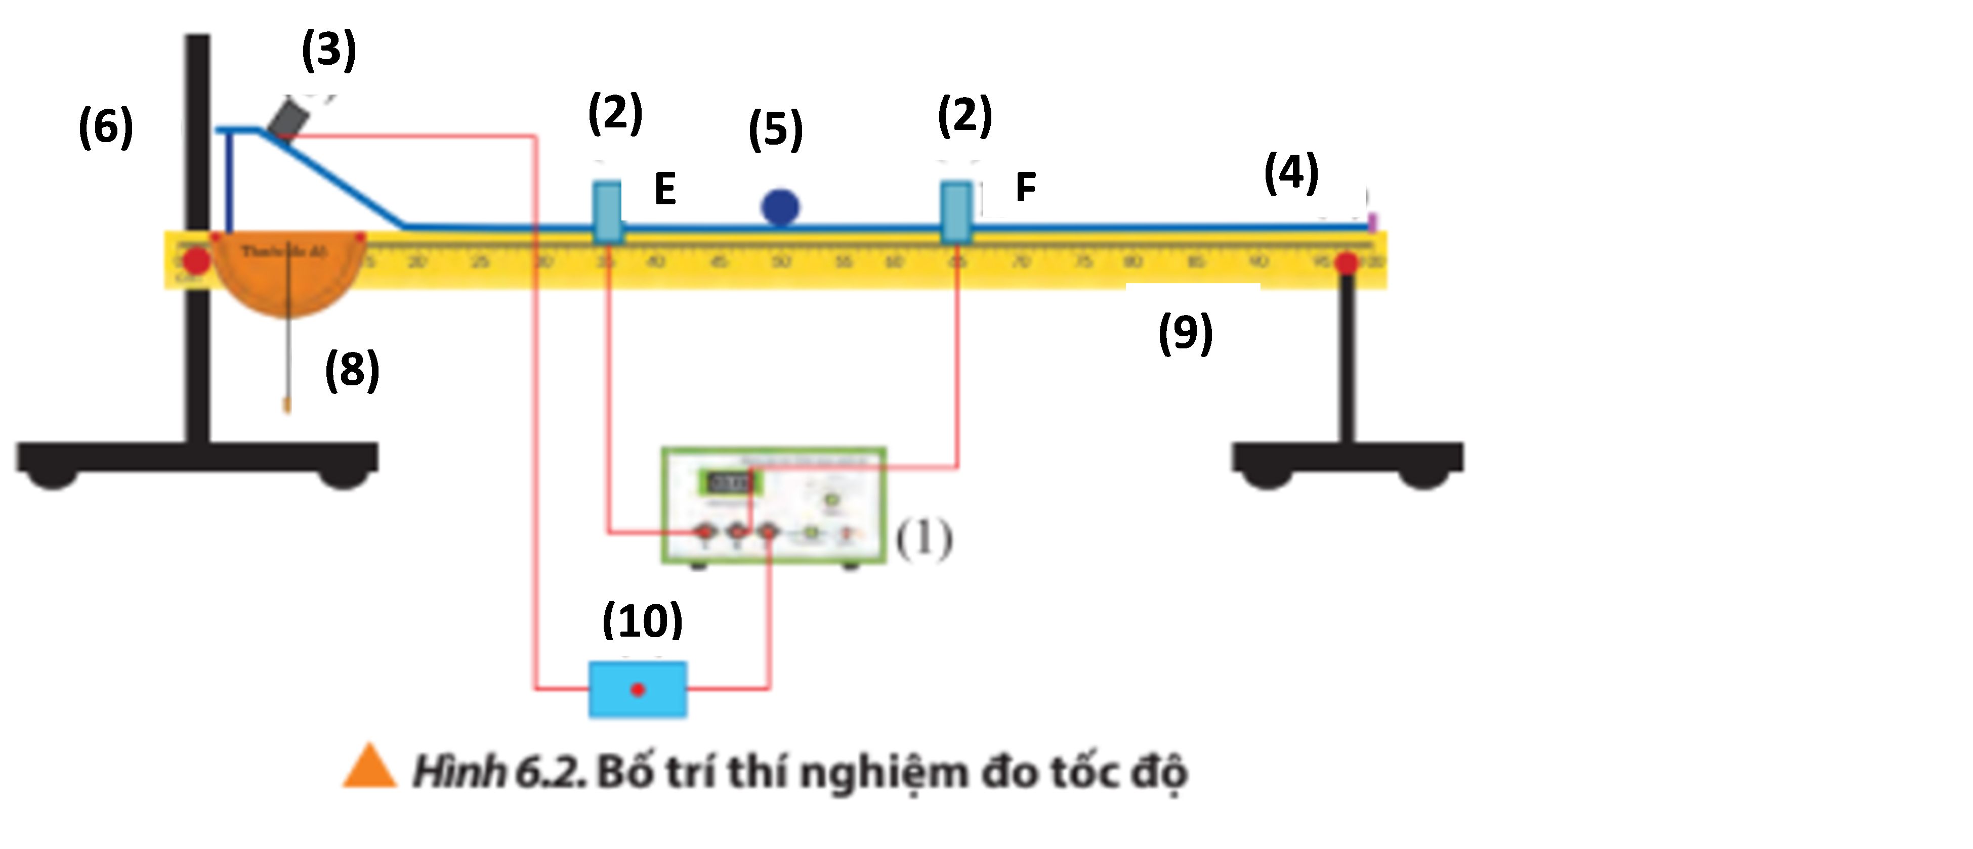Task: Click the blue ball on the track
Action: [780, 207]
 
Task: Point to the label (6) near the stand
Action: [106, 126]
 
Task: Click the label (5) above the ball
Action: [775, 128]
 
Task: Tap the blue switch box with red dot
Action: [637, 690]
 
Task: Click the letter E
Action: [665, 189]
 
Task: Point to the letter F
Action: [1026, 188]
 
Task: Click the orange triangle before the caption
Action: [369, 767]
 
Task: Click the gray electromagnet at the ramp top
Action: [289, 119]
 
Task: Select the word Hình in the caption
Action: [458, 772]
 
